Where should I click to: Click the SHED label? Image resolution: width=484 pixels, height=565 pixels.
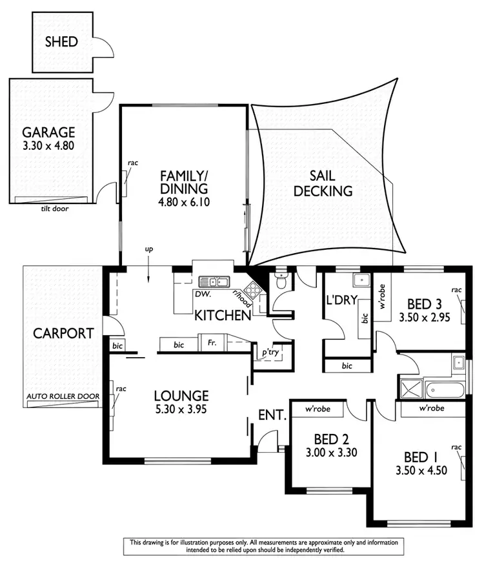point(61,42)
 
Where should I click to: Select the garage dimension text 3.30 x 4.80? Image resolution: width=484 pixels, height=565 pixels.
point(49,146)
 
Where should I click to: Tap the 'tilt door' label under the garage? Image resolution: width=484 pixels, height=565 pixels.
point(54,209)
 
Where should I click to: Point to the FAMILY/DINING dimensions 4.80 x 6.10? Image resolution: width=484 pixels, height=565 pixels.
point(185,202)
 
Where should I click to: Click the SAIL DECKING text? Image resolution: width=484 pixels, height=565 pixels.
point(323,183)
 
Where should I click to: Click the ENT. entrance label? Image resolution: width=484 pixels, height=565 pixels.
point(272,415)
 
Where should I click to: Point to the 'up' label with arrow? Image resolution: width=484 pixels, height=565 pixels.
point(148,249)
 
